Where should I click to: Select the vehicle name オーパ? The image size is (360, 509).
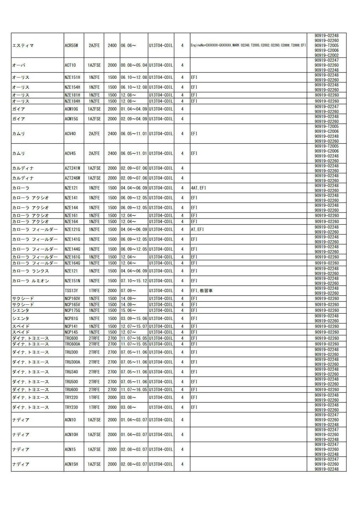point(19,65)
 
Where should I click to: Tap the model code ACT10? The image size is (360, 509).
point(70,65)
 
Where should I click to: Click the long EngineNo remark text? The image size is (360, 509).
point(248,46)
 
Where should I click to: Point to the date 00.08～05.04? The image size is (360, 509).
point(134,65)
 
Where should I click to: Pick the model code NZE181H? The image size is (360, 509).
point(72,95)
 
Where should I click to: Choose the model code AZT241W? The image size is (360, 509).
point(72,168)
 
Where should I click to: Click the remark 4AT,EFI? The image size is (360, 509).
point(198,188)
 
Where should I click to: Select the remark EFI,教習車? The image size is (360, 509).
point(202,291)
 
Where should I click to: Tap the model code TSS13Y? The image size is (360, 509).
point(71,291)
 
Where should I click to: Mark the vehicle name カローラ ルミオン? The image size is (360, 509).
point(30,281)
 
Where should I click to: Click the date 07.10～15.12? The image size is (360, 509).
point(134,281)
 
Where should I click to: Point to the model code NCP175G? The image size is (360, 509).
point(72,310)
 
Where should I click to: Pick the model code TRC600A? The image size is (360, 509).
point(72,344)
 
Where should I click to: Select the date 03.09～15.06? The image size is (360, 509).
point(134,319)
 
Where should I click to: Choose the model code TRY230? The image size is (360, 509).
point(71,407)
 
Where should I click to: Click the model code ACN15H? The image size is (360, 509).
point(71,464)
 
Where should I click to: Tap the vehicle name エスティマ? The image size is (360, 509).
point(23,46)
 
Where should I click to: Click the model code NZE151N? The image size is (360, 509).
point(72,281)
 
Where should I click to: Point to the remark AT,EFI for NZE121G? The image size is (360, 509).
point(197,229)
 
